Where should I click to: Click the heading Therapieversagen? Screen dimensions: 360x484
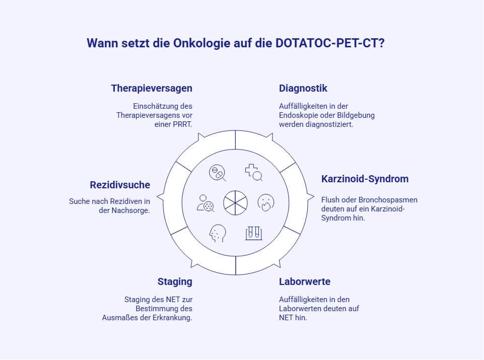(x=152, y=89)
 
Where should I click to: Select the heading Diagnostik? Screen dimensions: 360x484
(x=303, y=89)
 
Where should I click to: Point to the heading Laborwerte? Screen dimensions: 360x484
(x=305, y=281)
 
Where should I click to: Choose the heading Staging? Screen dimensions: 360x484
(x=175, y=281)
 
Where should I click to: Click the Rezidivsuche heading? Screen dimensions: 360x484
(x=120, y=185)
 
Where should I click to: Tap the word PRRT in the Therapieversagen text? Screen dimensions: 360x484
(x=182, y=124)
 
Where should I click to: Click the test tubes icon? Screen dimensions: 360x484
(x=254, y=233)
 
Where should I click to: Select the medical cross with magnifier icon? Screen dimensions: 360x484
(x=254, y=173)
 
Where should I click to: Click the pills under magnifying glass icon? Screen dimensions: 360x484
(x=217, y=173)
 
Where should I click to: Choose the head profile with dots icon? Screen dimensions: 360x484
(x=218, y=233)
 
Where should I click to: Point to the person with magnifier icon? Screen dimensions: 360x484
(x=205, y=202)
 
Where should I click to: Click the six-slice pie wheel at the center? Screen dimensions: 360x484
(x=236, y=202)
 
